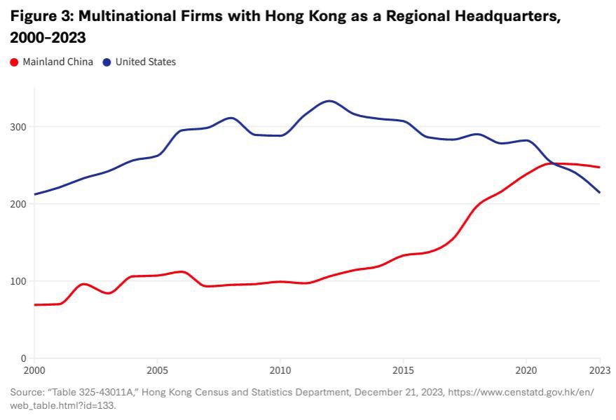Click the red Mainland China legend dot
15,62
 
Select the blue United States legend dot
107,62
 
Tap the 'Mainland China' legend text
57,62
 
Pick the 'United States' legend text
146,62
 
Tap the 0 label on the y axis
24,358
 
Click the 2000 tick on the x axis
34,370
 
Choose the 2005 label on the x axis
157,370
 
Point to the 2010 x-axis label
280,370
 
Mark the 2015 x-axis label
403,370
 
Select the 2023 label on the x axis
600,370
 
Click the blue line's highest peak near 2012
329,101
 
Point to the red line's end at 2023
600,167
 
